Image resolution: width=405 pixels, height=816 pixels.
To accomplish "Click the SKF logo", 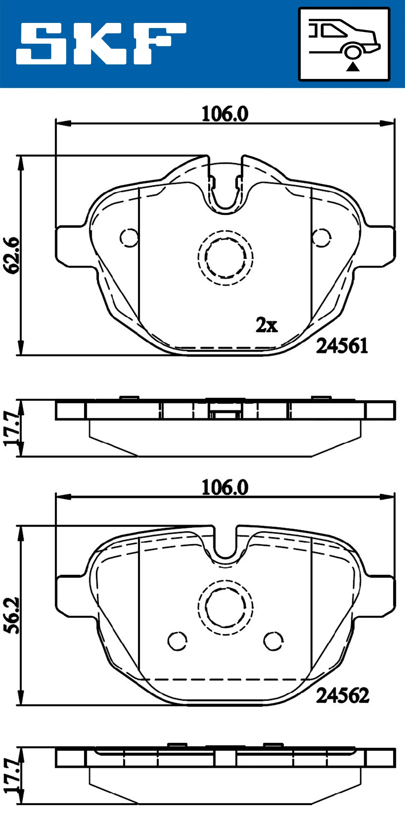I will click(101, 44).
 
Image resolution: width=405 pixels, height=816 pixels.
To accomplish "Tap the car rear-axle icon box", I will click(344, 44).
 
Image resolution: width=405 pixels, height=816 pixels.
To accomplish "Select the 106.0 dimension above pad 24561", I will click(225, 114).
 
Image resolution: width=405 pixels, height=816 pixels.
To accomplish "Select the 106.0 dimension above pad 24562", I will click(225, 488).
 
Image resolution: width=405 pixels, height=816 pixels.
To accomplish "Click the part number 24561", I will click(342, 346).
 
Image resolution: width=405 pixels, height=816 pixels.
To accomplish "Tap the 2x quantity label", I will click(267, 325).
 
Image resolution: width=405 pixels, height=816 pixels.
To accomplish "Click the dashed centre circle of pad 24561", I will click(225, 258).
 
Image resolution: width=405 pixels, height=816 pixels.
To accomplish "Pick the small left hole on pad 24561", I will click(129, 238).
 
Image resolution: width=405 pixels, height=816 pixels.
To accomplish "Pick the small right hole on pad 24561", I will click(321, 238).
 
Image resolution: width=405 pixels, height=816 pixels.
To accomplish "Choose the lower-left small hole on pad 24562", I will click(177, 641).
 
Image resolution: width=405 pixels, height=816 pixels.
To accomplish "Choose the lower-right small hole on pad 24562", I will click(273, 641).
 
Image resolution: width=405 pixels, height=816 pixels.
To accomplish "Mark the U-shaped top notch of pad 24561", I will click(225, 192).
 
